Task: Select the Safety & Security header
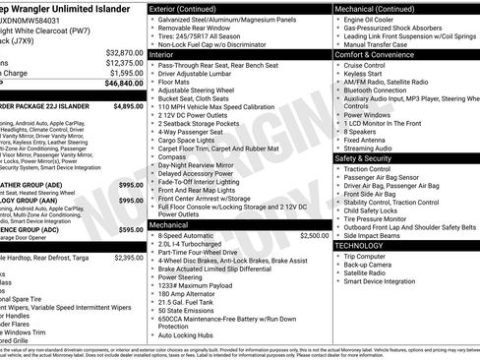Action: point(363,157)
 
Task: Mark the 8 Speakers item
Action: point(361,131)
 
